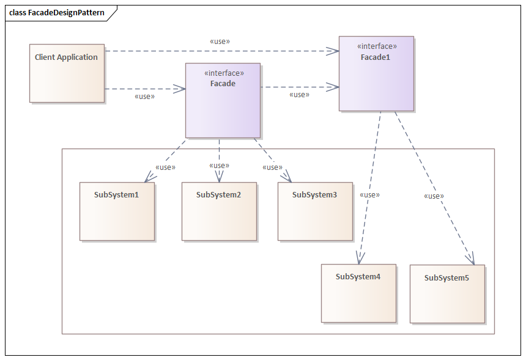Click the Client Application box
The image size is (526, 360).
(67, 73)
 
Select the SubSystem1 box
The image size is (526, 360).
(117, 211)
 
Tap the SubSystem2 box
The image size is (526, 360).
(219, 211)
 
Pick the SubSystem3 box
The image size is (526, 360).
(315, 211)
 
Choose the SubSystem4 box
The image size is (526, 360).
(358, 293)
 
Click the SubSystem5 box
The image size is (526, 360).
(447, 293)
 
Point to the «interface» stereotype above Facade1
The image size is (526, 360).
(376, 46)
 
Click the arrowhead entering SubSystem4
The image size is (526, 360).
(360, 260)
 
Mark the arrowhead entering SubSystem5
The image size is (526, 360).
(472, 261)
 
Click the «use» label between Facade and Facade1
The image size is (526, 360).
(299, 95)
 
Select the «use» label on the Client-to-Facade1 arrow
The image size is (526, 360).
(220, 42)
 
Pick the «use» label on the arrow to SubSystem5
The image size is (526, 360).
(434, 196)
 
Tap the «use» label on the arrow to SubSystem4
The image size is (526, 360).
(369, 195)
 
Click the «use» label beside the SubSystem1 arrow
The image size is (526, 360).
(165, 167)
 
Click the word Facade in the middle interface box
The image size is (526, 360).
(223, 84)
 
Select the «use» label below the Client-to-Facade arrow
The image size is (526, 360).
(144, 97)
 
